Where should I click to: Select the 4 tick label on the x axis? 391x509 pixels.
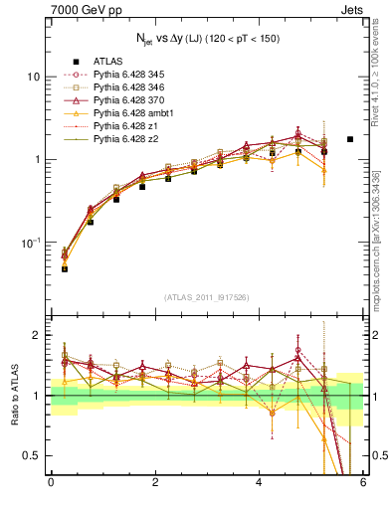point(259,483)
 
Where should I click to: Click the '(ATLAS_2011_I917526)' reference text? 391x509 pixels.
point(206,297)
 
